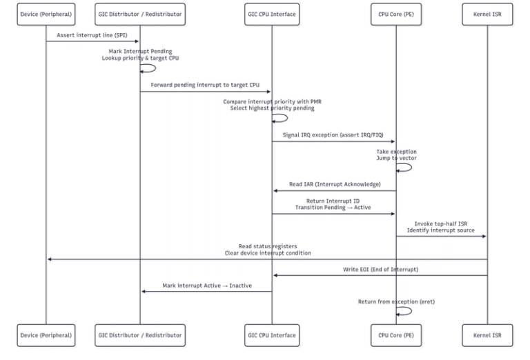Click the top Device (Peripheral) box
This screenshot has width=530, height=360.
click(x=46, y=14)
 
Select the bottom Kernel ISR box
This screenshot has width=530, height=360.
click(x=487, y=335)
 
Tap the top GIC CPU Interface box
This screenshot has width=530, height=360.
click(x=272, y=14)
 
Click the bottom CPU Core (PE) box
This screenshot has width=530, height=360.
click(x=396, y=335)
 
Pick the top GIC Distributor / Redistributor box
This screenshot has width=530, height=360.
click(x=140, y=14)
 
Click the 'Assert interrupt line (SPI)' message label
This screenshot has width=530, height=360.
click(x=92, y=34)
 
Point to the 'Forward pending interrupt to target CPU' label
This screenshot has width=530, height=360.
click(x=206, y=85)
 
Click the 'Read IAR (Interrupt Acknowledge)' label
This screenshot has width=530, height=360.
click(x=334, y=184)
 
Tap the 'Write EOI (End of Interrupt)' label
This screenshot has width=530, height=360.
click(x=380, y=269)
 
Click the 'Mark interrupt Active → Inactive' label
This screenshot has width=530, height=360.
click(x=206, y=285)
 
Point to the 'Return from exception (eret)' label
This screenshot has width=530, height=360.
click(x=396, y=301)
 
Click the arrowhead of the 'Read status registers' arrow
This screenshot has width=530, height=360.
click(x=50, y=259)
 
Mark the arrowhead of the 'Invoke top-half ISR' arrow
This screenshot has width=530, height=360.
click(x=484, y=237)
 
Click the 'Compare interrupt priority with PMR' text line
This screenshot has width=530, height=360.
click(x=272, y=101)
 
